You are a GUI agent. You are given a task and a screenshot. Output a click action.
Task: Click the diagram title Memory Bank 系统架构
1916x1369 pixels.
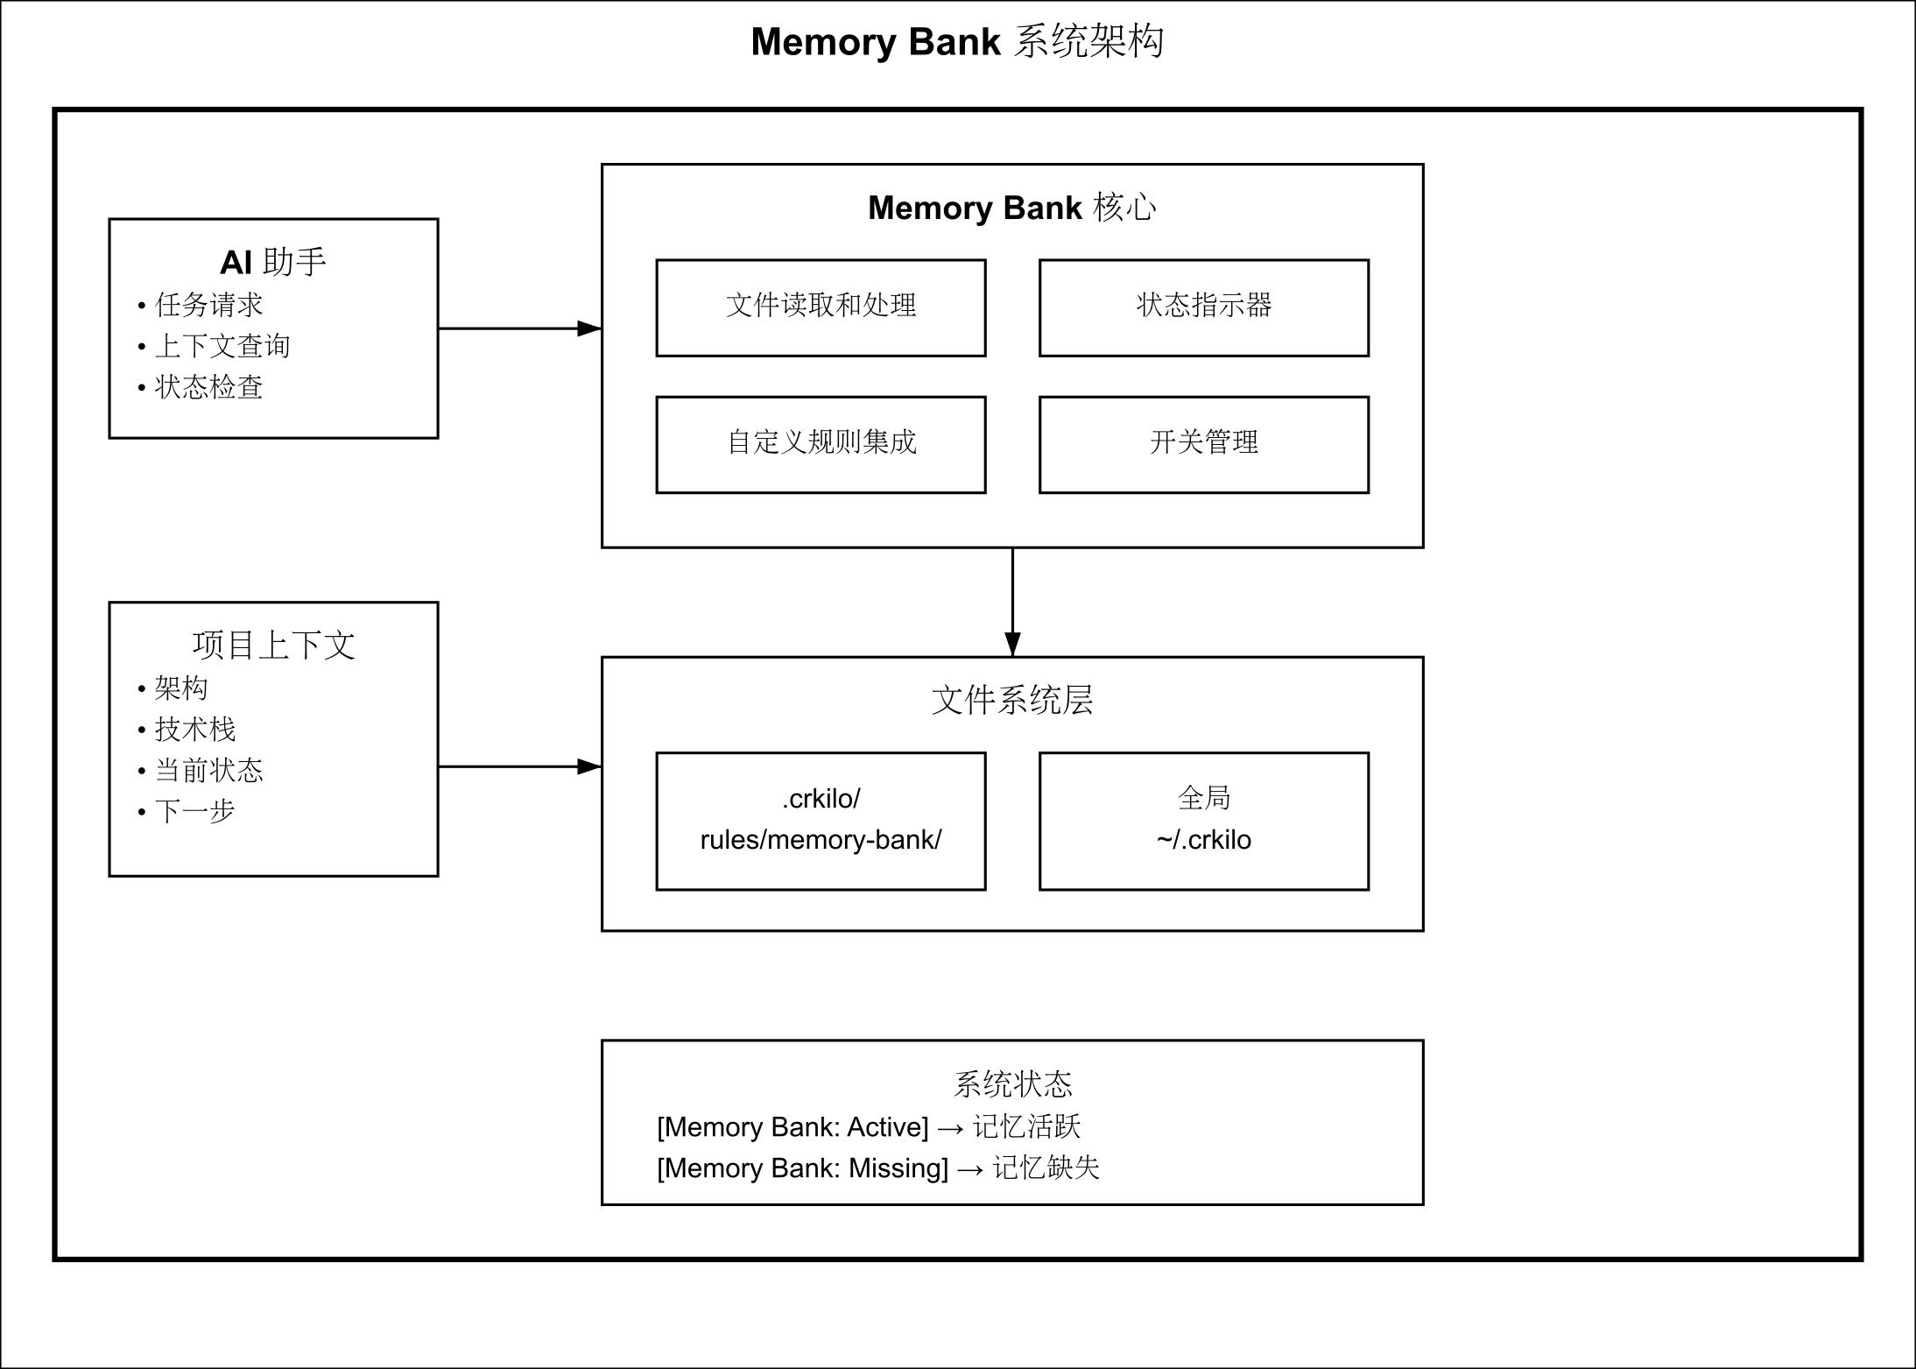[x=957, y=42]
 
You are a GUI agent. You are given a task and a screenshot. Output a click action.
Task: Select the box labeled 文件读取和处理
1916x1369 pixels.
[x=821, y=307]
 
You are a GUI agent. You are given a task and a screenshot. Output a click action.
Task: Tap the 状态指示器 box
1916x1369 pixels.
[x=1203, y=307]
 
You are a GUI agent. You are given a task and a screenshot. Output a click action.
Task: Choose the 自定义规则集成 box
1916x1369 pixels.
[x=821, y=444]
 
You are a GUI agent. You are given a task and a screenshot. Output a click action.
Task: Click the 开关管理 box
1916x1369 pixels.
[x=1203, y=444]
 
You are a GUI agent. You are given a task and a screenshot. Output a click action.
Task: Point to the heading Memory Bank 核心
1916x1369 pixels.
[x=1011, y=208]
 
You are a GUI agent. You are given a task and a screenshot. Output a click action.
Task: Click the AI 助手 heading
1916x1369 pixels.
[x=273, y=262]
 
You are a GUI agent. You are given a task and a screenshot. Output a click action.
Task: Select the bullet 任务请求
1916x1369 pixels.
[x=208, y=305]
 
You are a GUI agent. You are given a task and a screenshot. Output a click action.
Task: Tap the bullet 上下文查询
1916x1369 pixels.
[x=222, y=346]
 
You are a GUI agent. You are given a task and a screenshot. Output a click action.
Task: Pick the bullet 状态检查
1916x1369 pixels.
[x=208, y=387]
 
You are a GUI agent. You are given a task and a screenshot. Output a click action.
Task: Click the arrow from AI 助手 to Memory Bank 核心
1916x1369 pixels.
[x=518, y=328]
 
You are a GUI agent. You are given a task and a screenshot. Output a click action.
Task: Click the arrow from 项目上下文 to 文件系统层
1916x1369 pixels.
[x=518, y=766]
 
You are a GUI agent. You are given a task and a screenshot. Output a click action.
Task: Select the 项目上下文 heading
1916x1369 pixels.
[x=273, y=646]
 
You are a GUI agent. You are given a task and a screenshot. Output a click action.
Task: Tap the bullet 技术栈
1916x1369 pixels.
[x=194, y=729]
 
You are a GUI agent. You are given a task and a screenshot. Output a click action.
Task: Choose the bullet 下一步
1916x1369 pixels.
[x=194, y=811]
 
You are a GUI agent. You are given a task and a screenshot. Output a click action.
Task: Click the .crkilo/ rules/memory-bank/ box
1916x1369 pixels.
[x=821, y=821]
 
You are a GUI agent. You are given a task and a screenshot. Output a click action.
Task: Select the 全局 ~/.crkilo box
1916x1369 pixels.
[x=1203, y=821]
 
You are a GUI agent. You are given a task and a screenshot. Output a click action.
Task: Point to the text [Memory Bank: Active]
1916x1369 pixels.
[x=792, y=1127]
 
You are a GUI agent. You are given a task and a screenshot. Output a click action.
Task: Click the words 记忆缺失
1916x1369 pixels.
[x=1046, y=1168]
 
